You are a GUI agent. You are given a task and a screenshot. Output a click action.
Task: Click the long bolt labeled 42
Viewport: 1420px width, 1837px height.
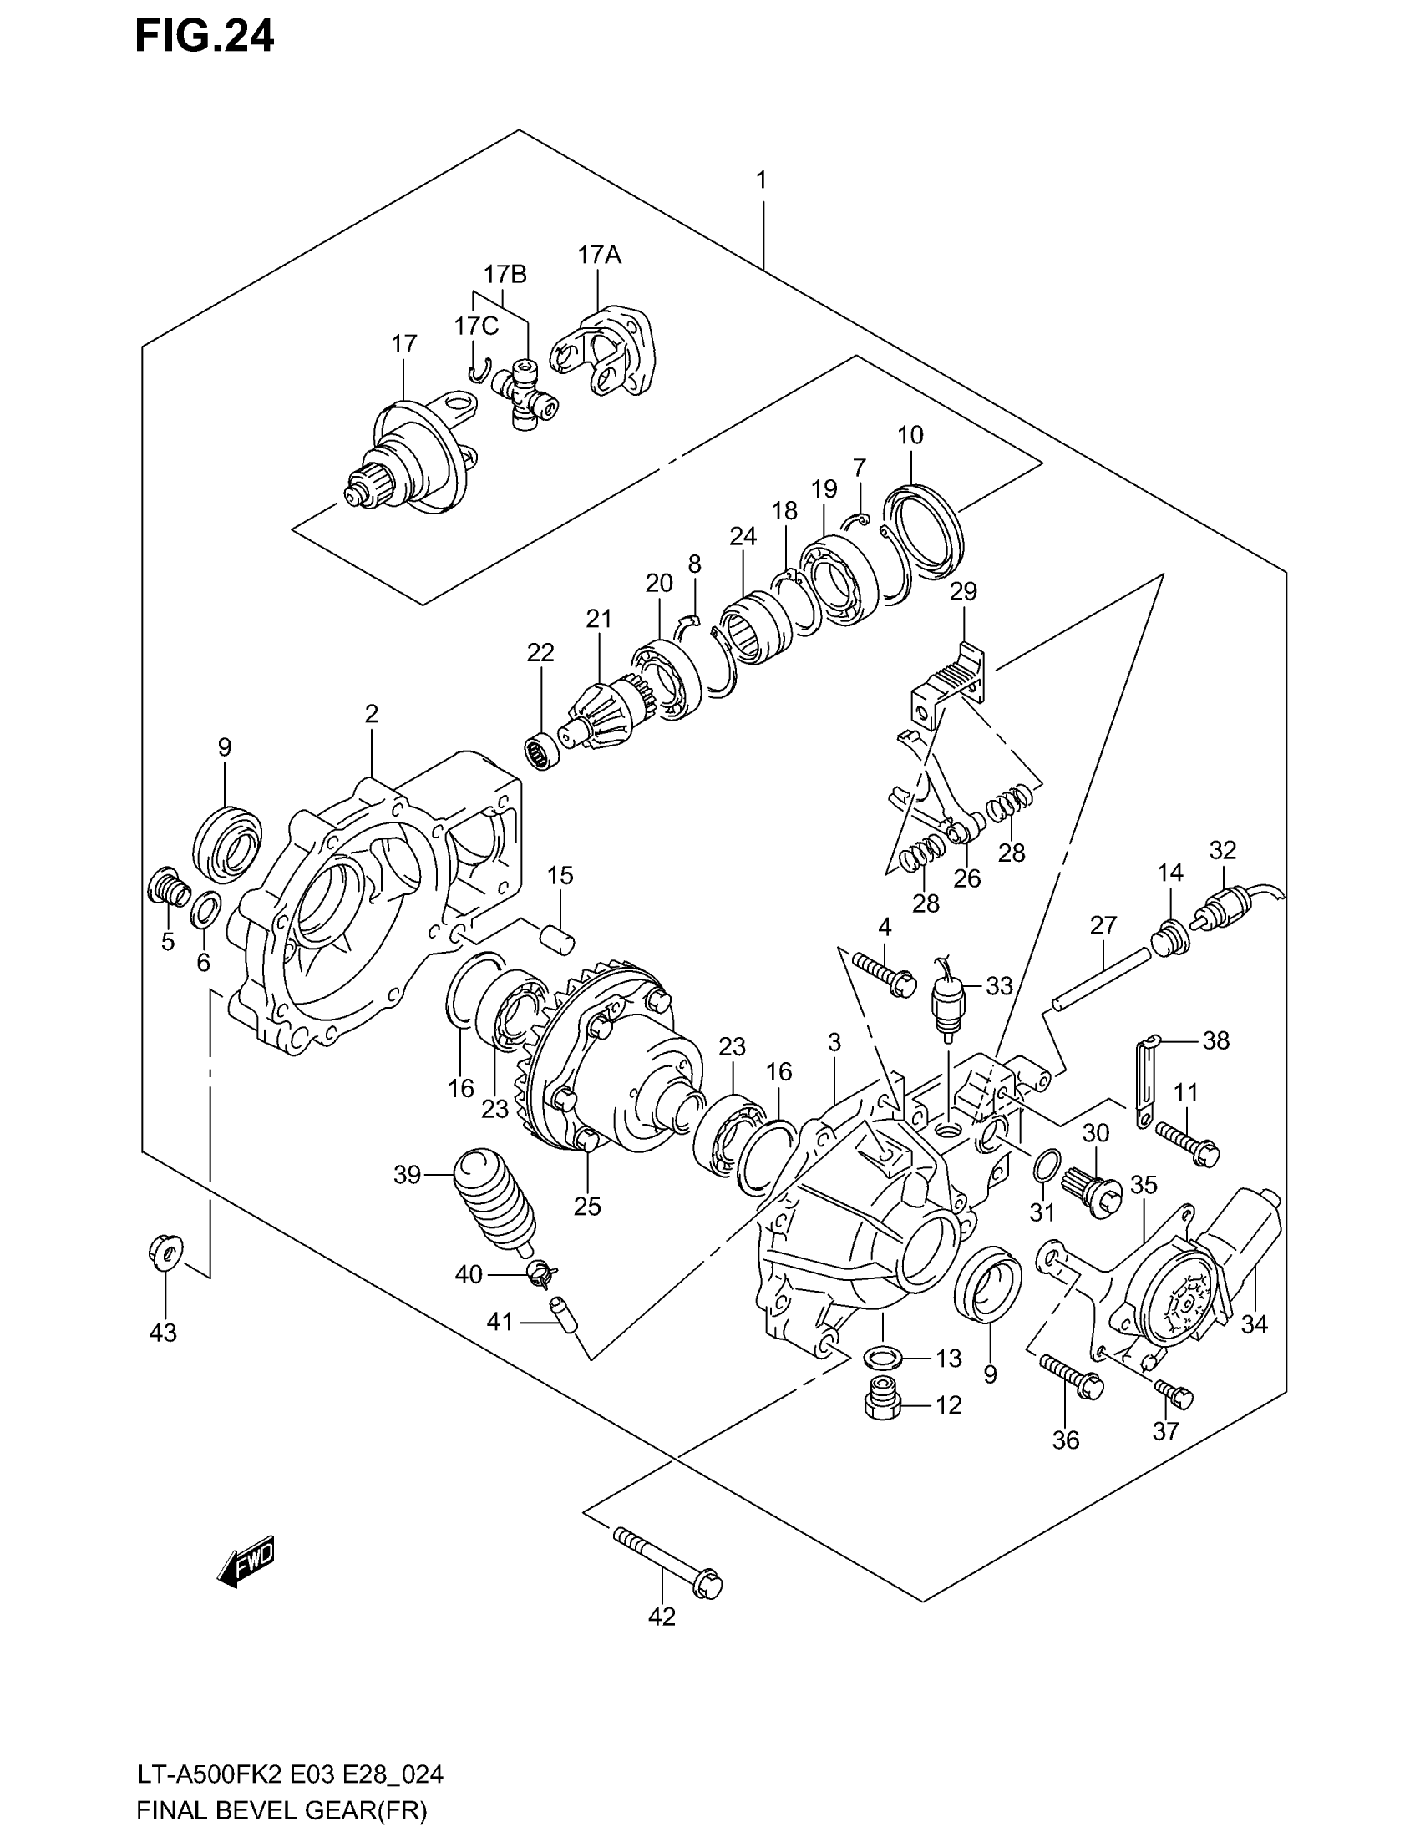(669, 1561)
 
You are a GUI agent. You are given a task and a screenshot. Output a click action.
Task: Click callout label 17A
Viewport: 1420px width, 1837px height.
(599, 255)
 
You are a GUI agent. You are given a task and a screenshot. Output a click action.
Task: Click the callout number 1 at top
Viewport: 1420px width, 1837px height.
(760, 180)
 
